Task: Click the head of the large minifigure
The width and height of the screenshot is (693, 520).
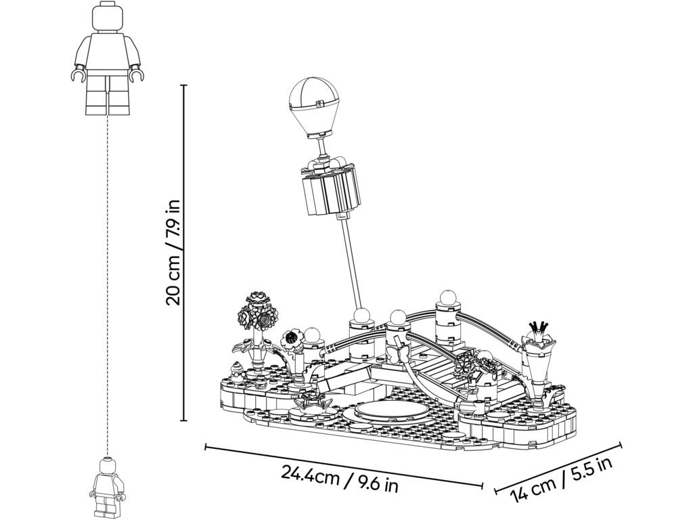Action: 107,17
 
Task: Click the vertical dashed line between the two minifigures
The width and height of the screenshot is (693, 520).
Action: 107,286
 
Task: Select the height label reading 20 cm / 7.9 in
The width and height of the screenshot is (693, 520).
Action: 173,253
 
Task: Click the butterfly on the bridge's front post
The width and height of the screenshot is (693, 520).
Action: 398,353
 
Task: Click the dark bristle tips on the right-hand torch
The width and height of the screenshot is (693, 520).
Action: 539,328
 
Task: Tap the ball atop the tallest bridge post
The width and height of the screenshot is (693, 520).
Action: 446,297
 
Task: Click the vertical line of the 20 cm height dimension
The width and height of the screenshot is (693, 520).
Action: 184,253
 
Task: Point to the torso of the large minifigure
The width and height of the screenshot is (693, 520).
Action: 108,53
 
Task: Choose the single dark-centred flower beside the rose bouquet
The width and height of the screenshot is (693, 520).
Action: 291,340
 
